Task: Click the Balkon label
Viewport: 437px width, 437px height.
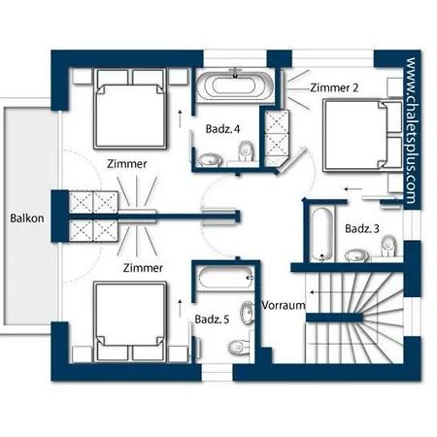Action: (27, 218)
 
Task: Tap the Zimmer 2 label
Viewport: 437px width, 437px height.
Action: (334, 87)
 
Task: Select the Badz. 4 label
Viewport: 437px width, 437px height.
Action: (222, 129)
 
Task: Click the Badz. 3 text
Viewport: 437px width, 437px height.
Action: (362, 228)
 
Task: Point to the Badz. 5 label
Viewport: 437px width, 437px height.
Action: (212, 319)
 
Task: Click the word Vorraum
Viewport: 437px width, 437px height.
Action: (284, 305)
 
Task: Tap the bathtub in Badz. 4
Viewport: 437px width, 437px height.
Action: (235, 85)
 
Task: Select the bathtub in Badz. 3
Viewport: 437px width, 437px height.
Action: (322, 234)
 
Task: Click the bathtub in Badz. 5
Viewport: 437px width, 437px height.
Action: (225, 278)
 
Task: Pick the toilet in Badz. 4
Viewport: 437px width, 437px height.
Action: (246, 151)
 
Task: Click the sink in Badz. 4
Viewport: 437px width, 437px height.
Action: (210, 159)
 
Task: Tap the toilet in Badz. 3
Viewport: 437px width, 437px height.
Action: (388, 246)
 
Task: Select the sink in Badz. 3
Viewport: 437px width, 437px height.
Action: (356, 255)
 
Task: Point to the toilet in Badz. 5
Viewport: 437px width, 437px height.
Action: (239, 347)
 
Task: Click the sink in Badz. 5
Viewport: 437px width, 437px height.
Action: (247, 313)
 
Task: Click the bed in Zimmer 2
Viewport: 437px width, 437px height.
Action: (362, 135)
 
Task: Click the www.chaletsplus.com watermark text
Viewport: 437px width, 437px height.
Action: (411, 130)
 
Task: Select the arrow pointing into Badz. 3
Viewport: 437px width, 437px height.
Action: (353, 189)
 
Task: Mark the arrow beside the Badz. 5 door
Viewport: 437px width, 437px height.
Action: (180, 309)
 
